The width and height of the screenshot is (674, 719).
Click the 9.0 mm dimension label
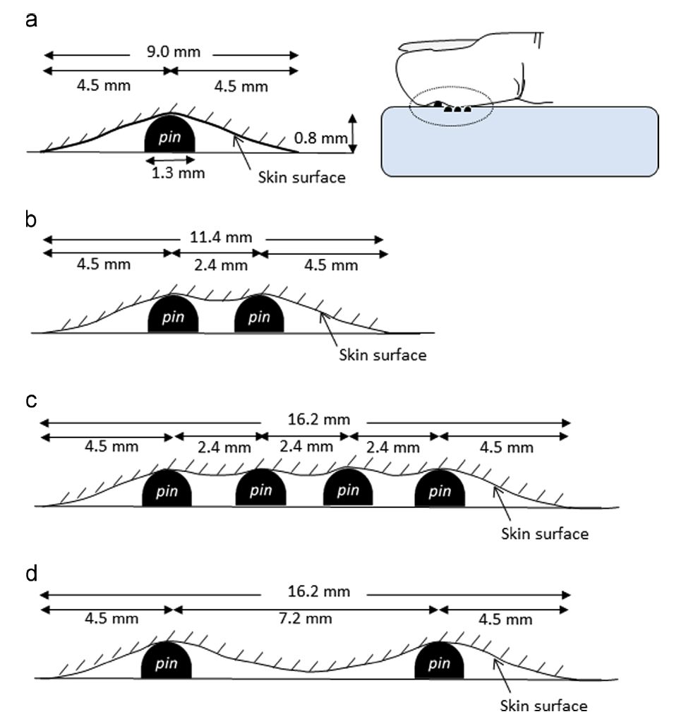[x=169, y=52]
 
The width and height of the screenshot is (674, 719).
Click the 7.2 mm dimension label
[x=304, y=618]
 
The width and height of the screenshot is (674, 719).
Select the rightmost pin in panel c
[x=440, y=489]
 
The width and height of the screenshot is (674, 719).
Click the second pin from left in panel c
[x=260, y=489]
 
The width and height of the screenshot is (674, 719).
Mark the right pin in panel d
[x=440, y=663]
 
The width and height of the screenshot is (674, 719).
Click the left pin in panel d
[x=167, y=663]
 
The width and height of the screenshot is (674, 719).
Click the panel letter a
[x=30, y=20]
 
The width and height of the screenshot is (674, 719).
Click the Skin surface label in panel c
[x=544, y=533]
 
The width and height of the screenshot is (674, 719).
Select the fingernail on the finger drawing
[x=438, y=44]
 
